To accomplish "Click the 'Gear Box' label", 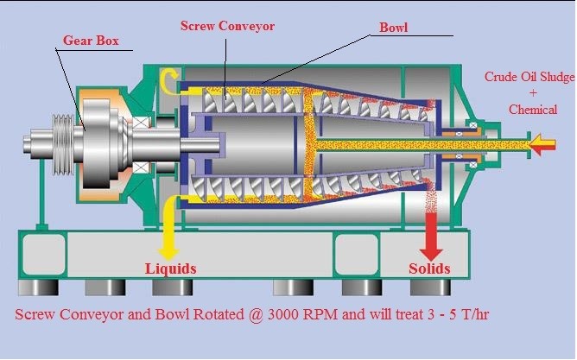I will (91, 40).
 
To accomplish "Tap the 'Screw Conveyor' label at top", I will (227, 26).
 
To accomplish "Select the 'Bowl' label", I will (393, 28).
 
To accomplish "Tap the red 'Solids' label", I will (429, 268).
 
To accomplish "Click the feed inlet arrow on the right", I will (542, 144).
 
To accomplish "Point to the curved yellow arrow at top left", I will (169, 80).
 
